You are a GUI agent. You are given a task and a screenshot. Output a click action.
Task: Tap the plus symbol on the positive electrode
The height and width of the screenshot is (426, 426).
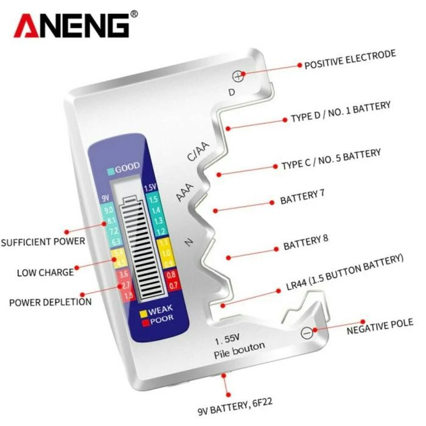pyautogui.click(x=238, y=76)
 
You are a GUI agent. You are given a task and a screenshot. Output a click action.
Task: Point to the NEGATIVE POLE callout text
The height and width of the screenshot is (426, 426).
pyautogui.click(x=379, y=327)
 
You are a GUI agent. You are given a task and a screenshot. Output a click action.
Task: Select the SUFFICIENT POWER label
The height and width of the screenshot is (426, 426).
pyautogui.click(x=43, y=242)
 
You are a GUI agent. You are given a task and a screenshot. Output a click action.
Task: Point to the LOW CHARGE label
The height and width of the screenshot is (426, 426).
pyautogui.click(x=45, y=271)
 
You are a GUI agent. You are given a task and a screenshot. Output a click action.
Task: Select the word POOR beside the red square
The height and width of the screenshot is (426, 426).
pyautogui.click(x=161, y=320)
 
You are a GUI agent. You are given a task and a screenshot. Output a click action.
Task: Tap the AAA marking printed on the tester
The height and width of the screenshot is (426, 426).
pyautogui.click(x=184, y=193)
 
